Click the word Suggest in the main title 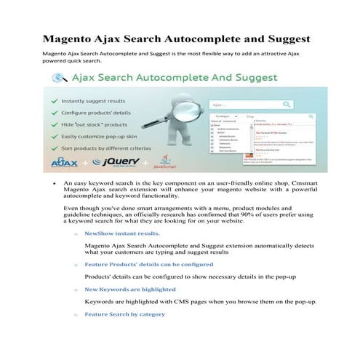(x=285, y=38)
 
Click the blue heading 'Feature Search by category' (x=124, y=314)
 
